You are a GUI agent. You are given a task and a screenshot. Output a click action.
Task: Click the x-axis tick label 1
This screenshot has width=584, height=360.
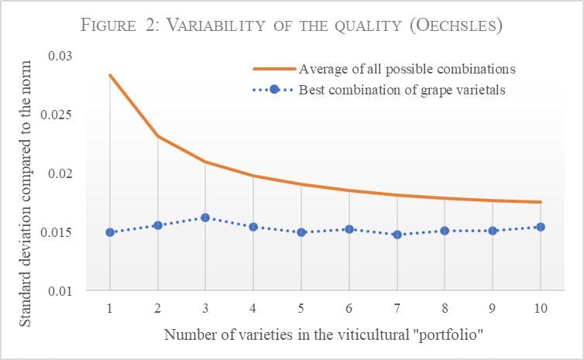pyautogui.click(x=110, y=308)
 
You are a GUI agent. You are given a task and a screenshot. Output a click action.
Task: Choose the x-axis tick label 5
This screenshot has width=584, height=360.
pyautogui.click(x=301, y=308)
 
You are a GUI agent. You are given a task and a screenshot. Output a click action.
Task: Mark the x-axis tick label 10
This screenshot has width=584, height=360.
pyautogui.click(x=541, y=308)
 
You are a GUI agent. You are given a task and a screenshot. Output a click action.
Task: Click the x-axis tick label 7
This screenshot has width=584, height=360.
pyautogui.click(x=397, y=308)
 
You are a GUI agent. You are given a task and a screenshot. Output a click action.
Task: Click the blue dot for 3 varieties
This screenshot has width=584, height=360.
pyautogui.click(x=205, y=218)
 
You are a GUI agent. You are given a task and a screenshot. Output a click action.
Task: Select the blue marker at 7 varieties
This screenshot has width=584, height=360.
pyautogui.click(x=397, y=234)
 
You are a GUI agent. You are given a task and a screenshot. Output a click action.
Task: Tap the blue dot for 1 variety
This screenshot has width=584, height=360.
pyautogui.click(x=110, y=232)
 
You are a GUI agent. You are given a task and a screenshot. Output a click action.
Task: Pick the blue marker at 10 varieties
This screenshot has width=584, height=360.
pyautogui.click(x=541, y=227)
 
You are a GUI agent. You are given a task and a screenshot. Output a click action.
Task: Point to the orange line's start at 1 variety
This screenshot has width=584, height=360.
pyautogui.click(x=110, y=75)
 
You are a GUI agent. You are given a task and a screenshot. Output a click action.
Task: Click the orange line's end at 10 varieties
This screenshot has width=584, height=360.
pyautogui.click(x=541, y=202)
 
